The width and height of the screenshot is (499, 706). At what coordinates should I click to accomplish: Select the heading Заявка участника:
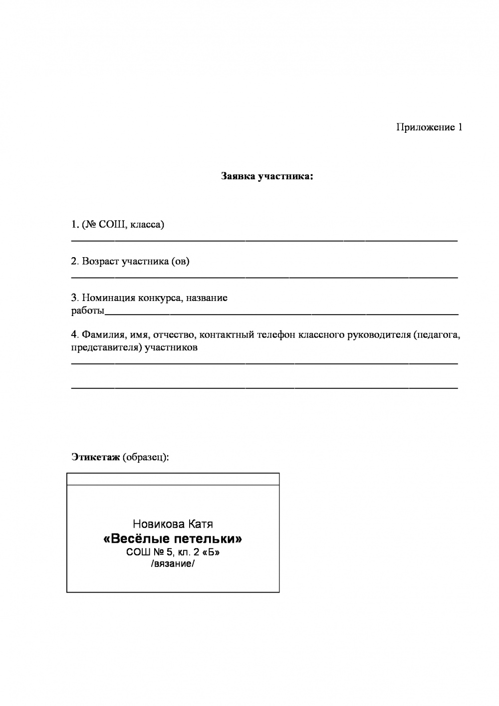[x=267, y=176]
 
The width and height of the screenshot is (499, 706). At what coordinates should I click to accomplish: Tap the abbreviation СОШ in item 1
[x=110, y=225]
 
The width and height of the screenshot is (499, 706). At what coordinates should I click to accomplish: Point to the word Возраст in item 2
[x=101, y=261]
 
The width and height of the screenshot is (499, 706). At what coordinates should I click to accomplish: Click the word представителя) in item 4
[x=106, y=348]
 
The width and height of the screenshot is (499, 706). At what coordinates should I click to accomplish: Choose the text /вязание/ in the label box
[x=173, y=565]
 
